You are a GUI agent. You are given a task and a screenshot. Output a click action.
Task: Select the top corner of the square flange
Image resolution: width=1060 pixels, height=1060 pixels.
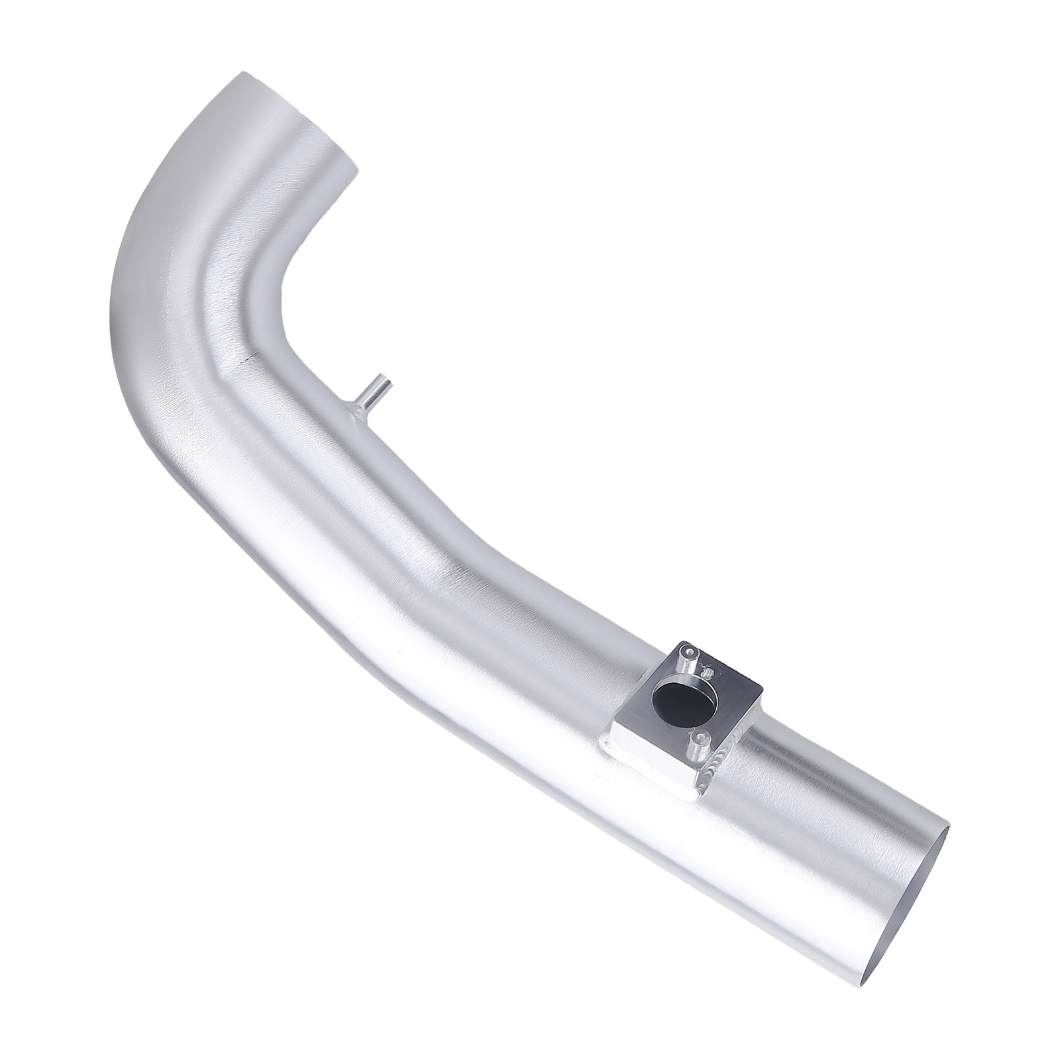tap(682, 643)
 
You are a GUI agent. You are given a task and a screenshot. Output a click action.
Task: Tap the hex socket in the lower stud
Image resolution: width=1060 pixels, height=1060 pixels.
tap(699, 737)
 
